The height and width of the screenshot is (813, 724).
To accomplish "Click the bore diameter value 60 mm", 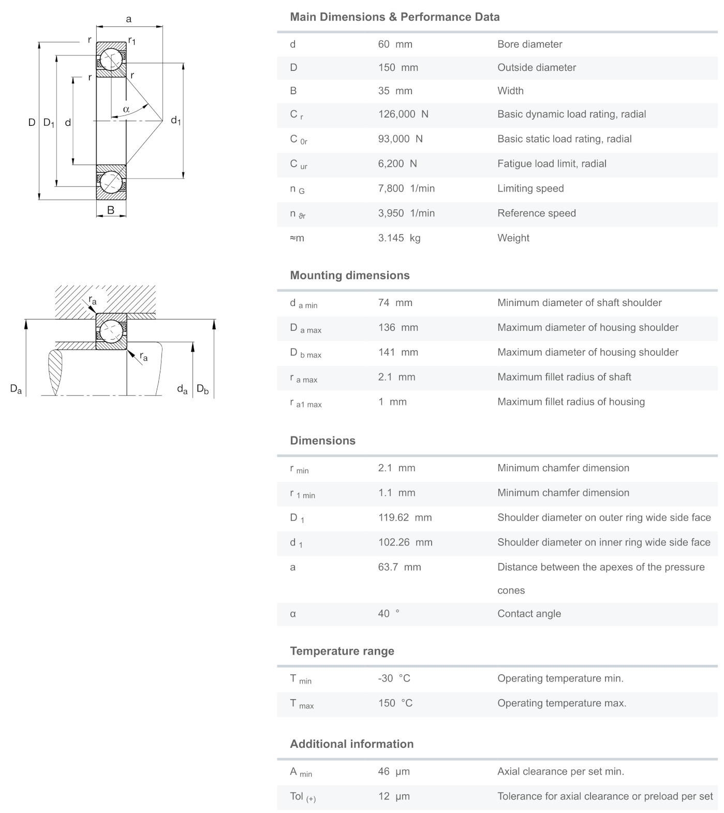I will tap(395, 45).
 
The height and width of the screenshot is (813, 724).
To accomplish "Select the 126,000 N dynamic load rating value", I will tap(403, 114).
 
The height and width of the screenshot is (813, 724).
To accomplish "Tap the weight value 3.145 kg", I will tap(398, 238).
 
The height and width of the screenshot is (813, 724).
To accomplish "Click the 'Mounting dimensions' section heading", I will tap(349, 275).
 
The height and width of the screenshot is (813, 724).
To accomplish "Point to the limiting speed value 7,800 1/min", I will tap(406, 188).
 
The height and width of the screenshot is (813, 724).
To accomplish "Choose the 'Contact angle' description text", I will tap(529, 614).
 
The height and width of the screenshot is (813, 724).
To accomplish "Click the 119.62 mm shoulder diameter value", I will tap(404, 518).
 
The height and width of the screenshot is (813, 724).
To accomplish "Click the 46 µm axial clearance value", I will tap(393, 772).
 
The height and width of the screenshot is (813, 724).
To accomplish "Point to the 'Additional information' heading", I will tap(351, 744).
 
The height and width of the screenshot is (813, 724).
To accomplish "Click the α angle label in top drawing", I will tap(126, 109).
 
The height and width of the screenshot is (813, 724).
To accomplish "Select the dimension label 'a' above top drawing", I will tap(129, 20).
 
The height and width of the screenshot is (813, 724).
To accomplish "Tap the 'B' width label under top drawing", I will tap(111, 211).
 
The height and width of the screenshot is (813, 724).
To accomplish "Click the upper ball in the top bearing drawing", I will tap(111, 59).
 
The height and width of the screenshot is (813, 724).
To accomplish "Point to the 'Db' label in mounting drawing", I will tap(202, 389).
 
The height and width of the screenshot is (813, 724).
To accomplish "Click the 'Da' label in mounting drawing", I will tap(16, 389).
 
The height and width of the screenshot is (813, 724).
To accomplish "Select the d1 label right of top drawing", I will tap(176, 121).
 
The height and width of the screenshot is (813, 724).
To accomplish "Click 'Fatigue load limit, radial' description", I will tap(552, 164).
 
